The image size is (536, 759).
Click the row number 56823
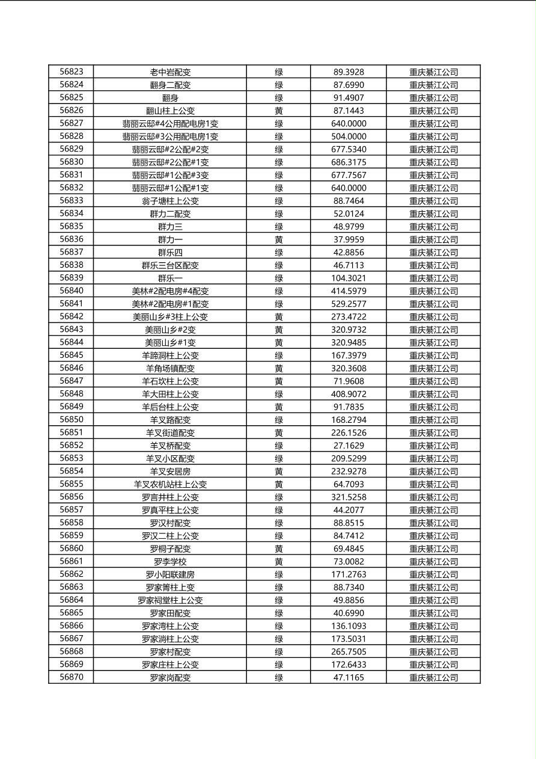pos(72,72)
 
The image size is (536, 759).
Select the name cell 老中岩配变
pos(170,72)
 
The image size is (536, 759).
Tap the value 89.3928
pos(349,72)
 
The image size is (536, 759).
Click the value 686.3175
pos(349,162)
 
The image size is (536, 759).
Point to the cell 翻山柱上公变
pos(170,111)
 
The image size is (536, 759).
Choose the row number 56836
pos(72,239)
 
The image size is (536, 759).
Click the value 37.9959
pos(349,239)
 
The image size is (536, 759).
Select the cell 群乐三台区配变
pos(170,265)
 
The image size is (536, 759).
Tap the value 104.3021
pos(349,278)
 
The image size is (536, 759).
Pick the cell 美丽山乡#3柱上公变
pos(170,317)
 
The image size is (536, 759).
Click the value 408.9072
pos(349,394)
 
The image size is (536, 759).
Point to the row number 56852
pos(72,446)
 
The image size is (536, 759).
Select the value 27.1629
pos(349,446)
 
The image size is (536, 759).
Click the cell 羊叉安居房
pos(170,472)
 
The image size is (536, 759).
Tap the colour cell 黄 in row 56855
pos(279,484)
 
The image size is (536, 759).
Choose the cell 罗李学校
pos(170,562)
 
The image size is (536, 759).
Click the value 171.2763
pos(349,574)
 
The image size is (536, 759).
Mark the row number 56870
pos(72,677)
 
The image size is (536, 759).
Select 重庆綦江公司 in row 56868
pos(433,652)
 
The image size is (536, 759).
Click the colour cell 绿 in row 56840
pos(279,291)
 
